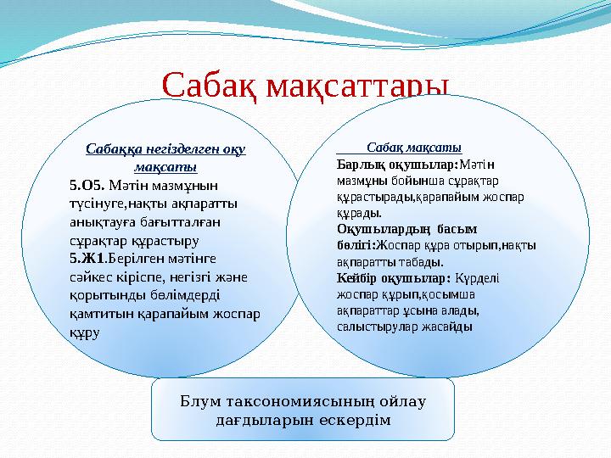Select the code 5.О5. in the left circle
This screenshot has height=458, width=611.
pos(86,183)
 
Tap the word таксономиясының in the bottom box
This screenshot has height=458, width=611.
pos(292,400)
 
